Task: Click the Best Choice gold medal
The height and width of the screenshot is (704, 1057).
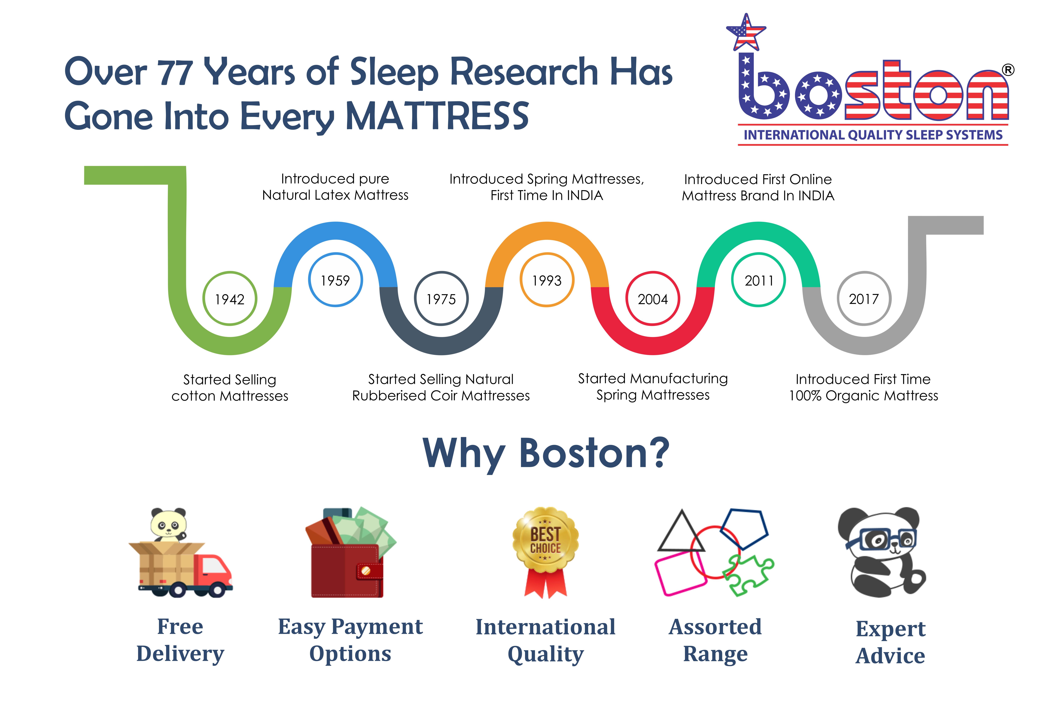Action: (546, 552)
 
